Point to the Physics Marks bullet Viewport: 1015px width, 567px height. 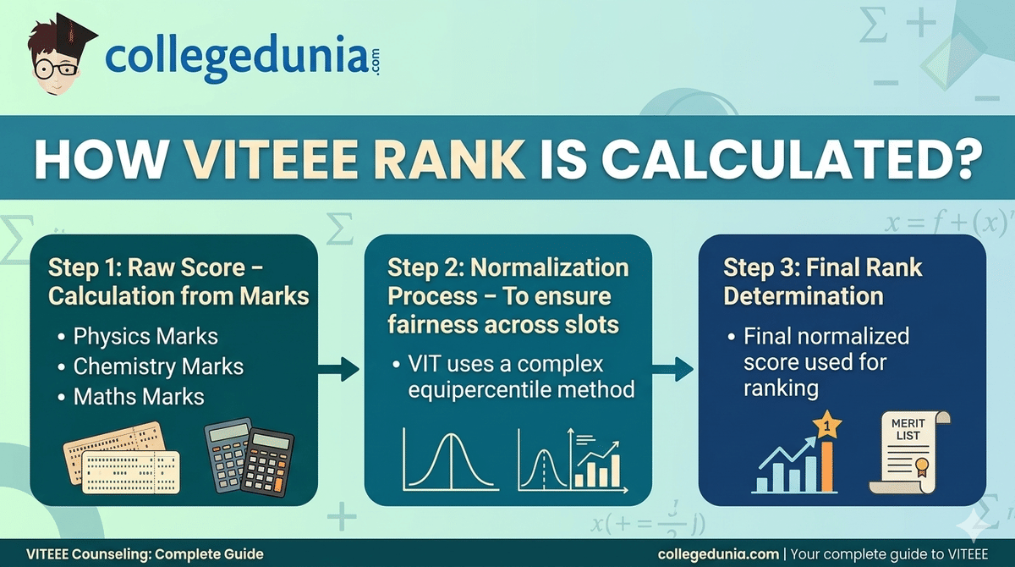pos(145,336)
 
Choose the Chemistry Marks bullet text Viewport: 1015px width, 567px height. pos(157,366)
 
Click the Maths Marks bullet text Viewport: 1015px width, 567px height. pos(139,396)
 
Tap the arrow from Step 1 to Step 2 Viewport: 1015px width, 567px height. pos(339,368)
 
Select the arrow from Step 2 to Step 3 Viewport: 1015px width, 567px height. pos(673,368)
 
